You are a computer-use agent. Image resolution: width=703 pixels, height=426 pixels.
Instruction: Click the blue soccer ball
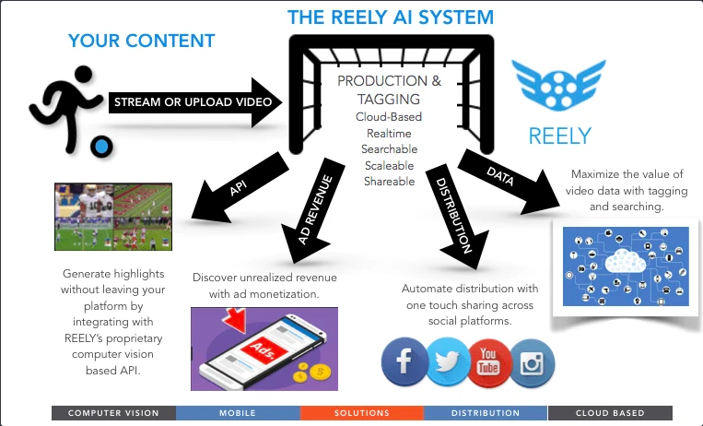coord(100,146)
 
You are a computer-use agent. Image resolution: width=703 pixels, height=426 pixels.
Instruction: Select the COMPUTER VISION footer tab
coord(113,413)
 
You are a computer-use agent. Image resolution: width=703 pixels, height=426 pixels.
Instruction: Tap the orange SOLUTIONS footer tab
coord(362,413)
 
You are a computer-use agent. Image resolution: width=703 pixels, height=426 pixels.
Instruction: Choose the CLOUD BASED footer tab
coord(610,413)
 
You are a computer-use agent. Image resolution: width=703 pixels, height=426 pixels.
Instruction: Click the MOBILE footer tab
coord(238,413)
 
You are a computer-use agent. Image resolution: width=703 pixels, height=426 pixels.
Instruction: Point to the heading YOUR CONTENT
coord(141,41)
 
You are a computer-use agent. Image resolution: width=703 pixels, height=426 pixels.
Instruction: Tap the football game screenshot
coord(113,217)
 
